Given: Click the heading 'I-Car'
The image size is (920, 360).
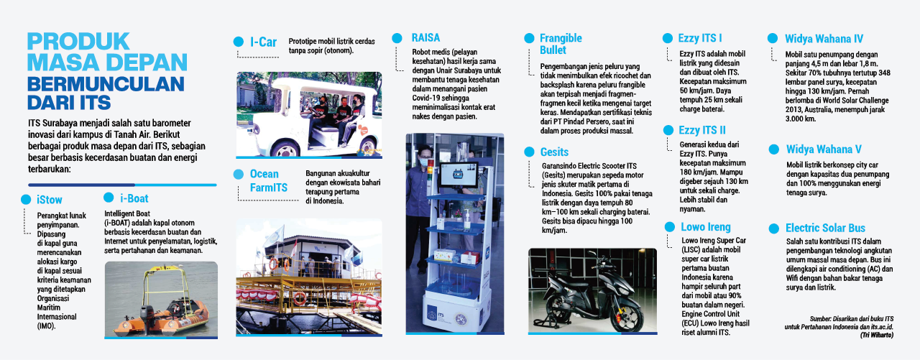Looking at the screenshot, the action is click(x=263, y=42).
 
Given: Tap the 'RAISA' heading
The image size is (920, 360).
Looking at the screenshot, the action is click(x=425, y=38).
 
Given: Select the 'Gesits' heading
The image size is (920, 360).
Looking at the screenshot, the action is click(x=554, y=152).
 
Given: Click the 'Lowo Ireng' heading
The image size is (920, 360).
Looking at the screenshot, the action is click(x=706, y=226).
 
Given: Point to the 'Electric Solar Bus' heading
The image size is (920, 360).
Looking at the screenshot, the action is click(x=825, y=228).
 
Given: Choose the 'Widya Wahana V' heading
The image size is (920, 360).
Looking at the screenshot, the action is click(x=824, y=149).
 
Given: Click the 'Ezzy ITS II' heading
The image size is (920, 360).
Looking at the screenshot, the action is click(x=702, y=130).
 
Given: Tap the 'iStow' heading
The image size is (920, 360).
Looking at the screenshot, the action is click(x=50, y=200).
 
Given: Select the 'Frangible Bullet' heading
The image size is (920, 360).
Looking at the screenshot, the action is click(x=561, y=44).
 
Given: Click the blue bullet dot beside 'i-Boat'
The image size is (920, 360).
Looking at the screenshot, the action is click(x=109, y=198).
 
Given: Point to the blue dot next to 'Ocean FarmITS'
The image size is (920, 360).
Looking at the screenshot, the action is click(x=238, y=175).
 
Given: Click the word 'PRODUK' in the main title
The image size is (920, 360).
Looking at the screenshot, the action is click(x=78, y=42).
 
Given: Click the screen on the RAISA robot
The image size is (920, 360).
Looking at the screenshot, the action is click(x=459, y=175).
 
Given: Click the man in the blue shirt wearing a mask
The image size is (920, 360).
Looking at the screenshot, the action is click(x=418, y=206).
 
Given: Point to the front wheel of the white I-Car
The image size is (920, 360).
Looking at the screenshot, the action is click(x=286, y=150).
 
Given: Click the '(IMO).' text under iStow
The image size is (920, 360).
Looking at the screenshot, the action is click(x=46, y=326).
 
